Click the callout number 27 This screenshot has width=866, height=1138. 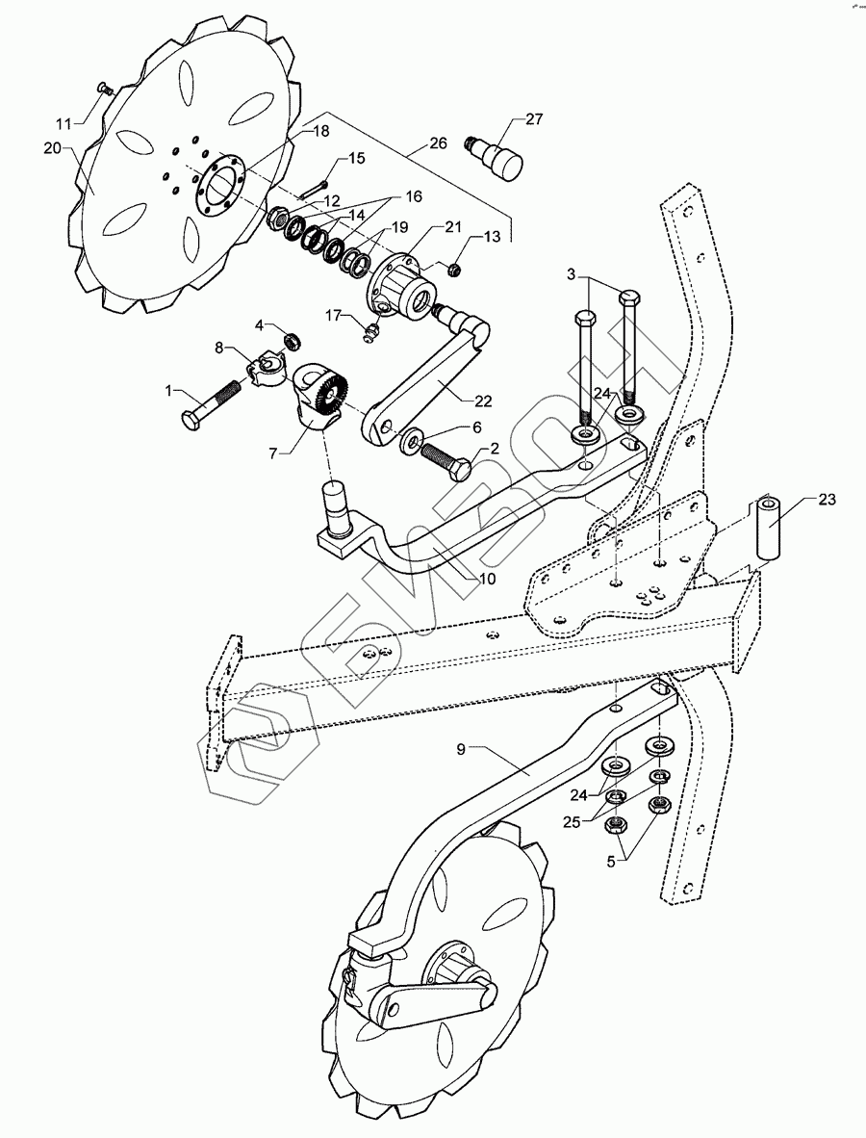coord(534,119)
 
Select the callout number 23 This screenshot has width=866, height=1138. coord(828,500)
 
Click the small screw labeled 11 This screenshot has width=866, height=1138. coord(105,89)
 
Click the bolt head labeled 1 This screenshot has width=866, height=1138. coord(190,421)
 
